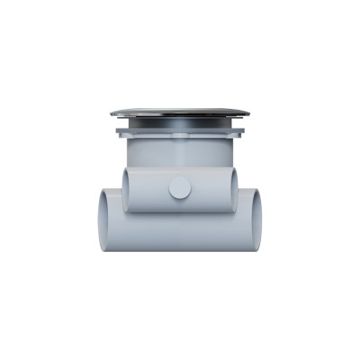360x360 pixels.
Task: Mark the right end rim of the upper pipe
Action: pyautogui.click(x=234, y=189)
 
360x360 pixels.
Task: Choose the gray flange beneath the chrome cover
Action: pyautogui.click(x=180, y=131)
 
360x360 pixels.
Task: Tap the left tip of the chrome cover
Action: pyautogui.click(x=112, y=113)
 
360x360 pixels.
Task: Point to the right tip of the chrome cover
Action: pyautogui.click(x=247, y=113)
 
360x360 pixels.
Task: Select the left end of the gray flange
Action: pyautogui.click(x=119, y=131)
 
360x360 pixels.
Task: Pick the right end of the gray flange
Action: pyautogui.click(x=241, y=131)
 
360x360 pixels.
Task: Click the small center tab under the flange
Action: pyautogui.click(x=180, y=137)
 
